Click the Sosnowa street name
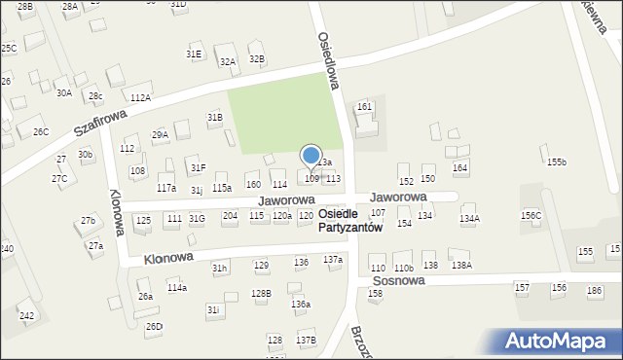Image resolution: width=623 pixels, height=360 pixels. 398,280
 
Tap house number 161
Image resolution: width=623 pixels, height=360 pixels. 365,106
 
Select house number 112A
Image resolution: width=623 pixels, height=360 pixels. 140,98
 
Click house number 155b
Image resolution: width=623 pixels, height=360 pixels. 556,162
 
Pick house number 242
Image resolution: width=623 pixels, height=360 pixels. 26,315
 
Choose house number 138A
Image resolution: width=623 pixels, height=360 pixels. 460,265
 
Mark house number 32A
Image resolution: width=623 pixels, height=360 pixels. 228,61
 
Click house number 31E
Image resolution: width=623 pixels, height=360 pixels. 194,54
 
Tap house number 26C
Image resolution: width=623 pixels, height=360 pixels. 40,131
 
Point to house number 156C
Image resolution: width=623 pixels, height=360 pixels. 531,215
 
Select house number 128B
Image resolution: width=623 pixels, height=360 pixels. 261,293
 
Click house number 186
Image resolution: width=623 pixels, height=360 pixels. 594,290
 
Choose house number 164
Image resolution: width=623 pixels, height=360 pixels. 460,168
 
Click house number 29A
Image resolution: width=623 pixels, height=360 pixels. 160,135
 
